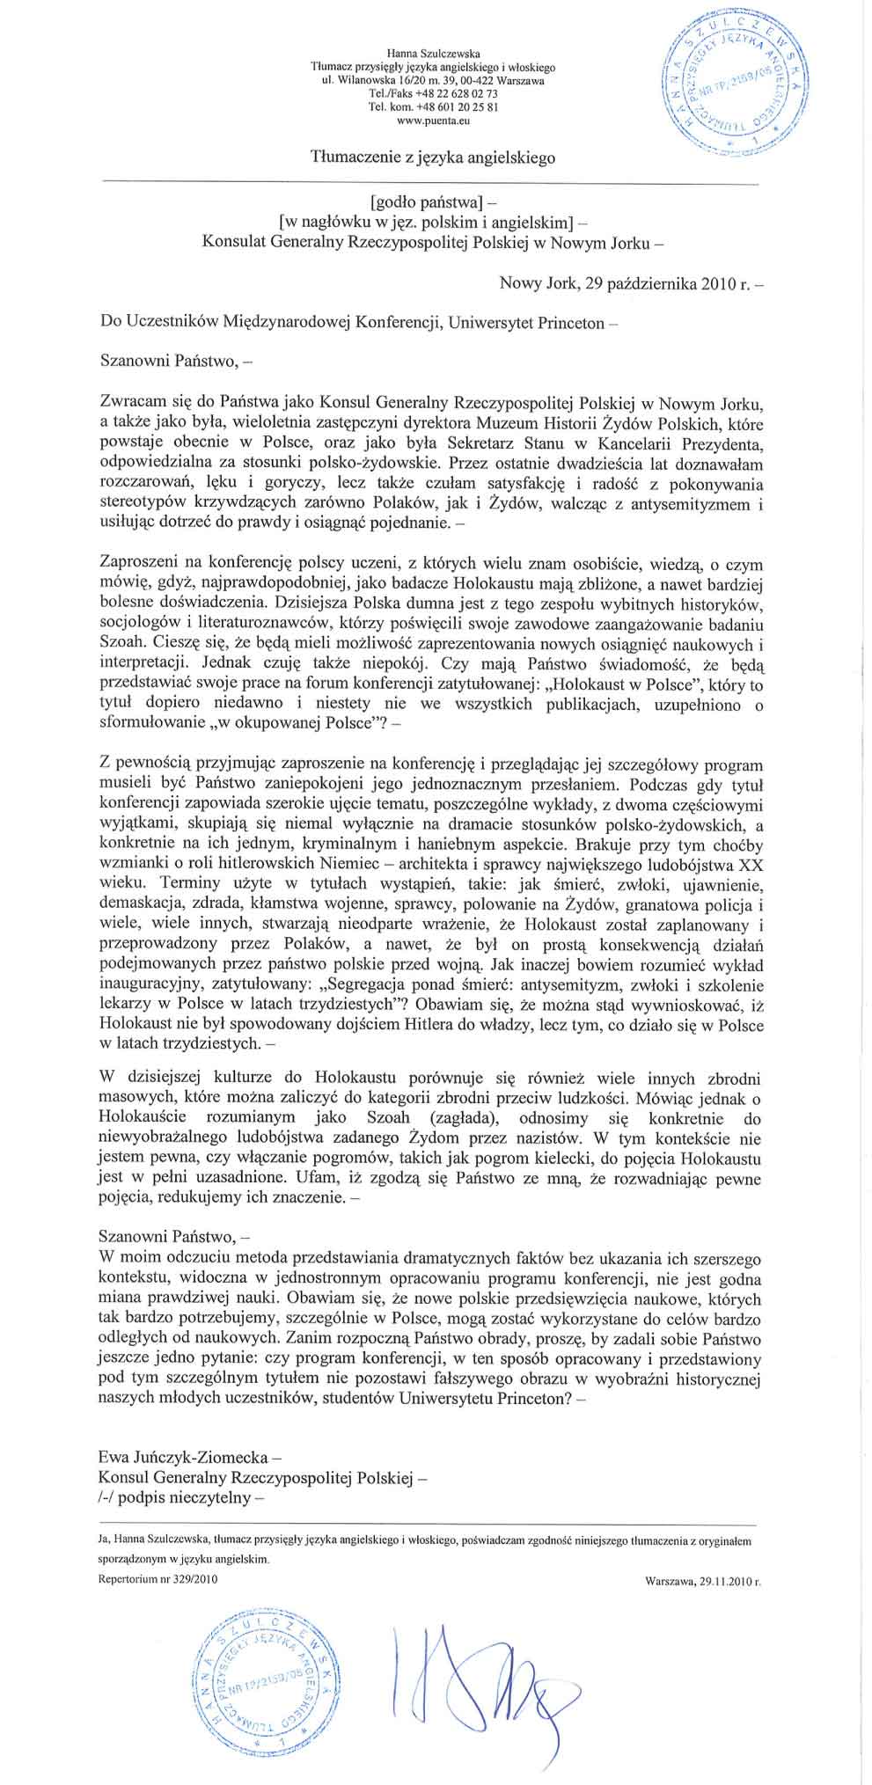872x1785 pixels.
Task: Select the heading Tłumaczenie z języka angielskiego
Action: coord(433,157)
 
